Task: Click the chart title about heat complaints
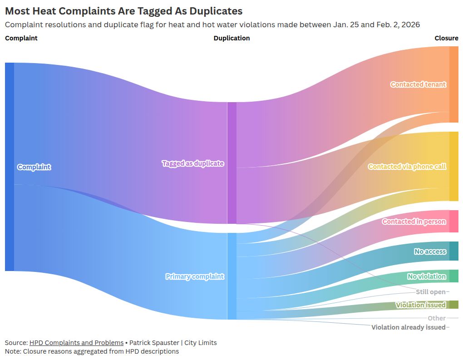(123, 11)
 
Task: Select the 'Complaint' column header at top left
(21, 38)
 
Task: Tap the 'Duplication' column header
(231, 38)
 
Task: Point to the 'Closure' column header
(446, 38)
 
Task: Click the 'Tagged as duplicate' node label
(193, 163)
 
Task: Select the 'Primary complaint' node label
(195, 276)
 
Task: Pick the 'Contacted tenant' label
(418, 84)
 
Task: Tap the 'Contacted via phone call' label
(407, 167)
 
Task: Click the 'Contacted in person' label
(414, 222)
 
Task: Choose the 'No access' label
(430, 252)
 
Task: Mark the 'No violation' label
(427, 276)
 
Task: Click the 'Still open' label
(430, 292)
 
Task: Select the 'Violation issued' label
(420, 305)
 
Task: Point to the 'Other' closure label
(436, 318)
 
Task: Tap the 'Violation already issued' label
(408, 327)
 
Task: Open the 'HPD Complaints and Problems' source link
(76, 343)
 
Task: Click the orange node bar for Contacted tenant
(453, 84)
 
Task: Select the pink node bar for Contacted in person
(453, 222)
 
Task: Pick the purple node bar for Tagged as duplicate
(232, 163)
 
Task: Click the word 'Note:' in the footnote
(13, 351)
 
